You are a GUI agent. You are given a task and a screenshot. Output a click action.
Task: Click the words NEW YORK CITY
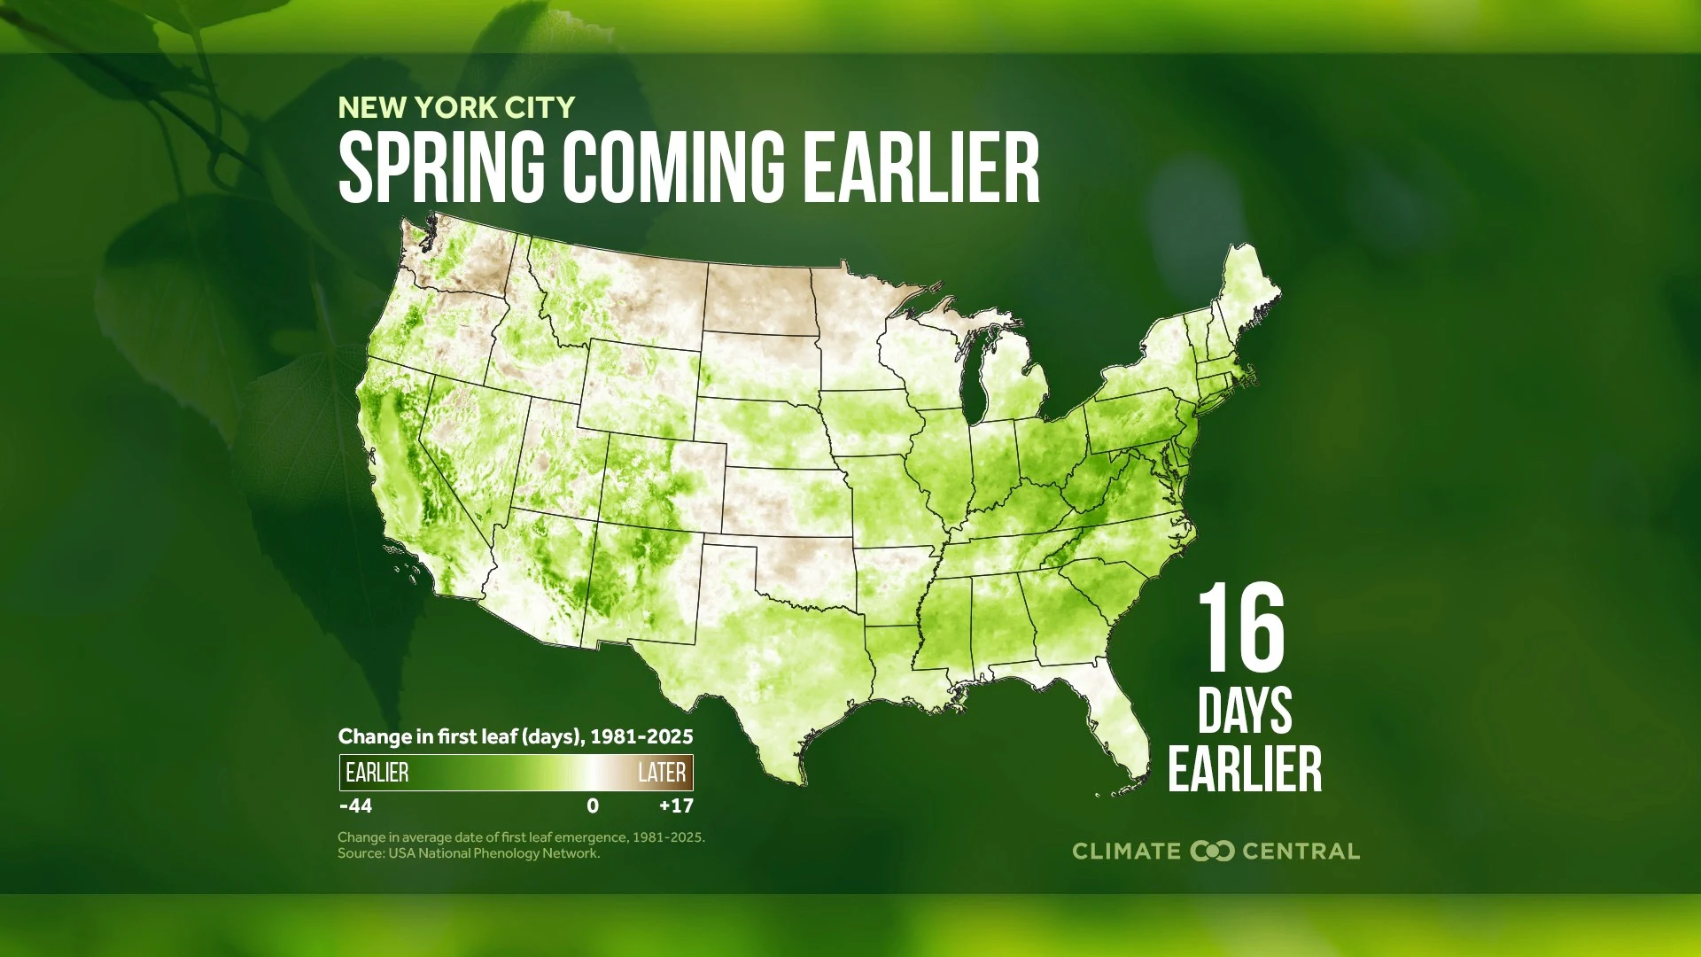[456, 108]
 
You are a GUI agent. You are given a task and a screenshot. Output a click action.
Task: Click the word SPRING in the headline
[441, 167]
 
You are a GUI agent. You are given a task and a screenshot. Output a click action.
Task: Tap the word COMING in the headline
[673, 167]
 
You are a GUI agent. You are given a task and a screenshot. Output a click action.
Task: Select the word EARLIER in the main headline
[921, 167]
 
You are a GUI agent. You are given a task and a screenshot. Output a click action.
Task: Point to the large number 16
[1241, 630]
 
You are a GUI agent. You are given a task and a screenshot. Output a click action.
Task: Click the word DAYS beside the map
[1245, 711]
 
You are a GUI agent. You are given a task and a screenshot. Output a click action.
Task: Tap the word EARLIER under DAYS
[1245, 769]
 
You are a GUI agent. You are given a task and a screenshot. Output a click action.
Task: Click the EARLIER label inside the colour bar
[377, 773]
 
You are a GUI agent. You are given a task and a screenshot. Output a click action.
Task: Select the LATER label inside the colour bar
[662, 773]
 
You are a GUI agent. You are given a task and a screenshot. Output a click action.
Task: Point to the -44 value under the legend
[355, 806]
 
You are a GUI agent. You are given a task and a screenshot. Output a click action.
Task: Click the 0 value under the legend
[593, 806]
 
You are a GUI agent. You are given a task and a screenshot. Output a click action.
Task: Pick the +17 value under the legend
[676, 806]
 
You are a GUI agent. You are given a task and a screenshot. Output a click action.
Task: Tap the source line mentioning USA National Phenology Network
[469, 853]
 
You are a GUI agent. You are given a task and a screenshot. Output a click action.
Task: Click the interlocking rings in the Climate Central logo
[1212, 852]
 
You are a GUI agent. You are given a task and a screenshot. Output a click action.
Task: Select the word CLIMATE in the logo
[1126, 852]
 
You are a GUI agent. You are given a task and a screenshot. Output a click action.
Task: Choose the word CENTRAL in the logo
[1301, 852]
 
